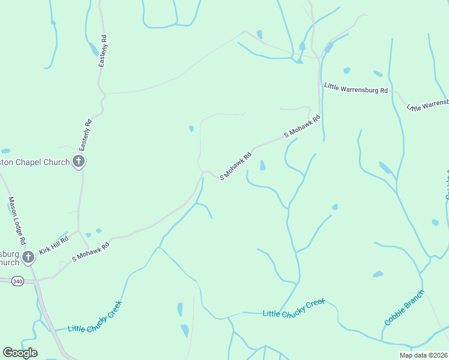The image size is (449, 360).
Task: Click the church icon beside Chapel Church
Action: (x=79, y=161)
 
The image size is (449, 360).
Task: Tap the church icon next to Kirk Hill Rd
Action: (x=28, y=258)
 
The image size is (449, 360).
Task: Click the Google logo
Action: (x=20, y=353)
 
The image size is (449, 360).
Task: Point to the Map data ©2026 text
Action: (x=424, y=355)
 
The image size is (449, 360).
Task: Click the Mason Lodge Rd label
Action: (x=16, y=220)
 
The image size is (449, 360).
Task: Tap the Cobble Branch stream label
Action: (x=404, y=307)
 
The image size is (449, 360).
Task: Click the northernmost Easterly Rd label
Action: (x=103, y=51)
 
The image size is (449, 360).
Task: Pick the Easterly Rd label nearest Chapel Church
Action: (x=87, y=136)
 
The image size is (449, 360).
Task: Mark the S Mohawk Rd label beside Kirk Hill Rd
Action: (x=91, y=251)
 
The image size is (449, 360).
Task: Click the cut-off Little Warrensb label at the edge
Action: (x=427, y=104)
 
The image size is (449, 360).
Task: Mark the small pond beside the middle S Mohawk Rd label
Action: (x=262, y=165)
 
